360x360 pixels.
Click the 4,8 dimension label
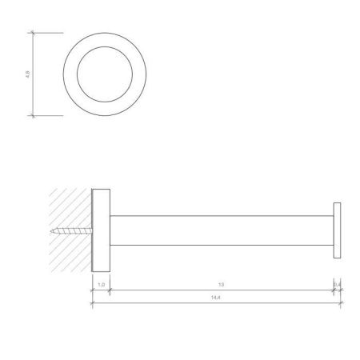click(x=28, y=74)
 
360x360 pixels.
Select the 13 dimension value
click(x=220, y=283)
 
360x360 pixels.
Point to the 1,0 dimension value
click(x=101, y=283)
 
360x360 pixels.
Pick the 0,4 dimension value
click(x=338, y=283)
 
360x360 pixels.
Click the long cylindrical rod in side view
click(x=220, y=231)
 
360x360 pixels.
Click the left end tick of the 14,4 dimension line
click(x=93, y=304)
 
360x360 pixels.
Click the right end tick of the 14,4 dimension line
click(x=342, y=304)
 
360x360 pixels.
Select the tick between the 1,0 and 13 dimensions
click(x=109, y=290)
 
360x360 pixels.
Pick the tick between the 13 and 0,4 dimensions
click(x=334, y=290)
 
